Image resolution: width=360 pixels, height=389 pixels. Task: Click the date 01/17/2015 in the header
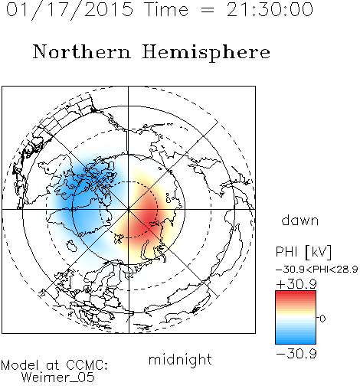[x=70, y=10]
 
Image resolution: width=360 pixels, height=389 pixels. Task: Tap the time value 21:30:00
[x=270, y=9]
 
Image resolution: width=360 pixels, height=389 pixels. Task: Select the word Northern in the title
[x=82, y=51]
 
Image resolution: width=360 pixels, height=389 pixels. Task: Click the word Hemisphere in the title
[x=206, y=53]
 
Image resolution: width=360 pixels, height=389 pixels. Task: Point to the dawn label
[x=300, y=221]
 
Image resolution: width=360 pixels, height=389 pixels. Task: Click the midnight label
[x=180, y=359]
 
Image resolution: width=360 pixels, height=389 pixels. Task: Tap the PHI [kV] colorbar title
[x=304, y=252]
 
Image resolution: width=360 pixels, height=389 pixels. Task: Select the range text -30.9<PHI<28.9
[x=317, y=270]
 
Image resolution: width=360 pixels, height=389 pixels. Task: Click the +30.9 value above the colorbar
[x=296, y=284]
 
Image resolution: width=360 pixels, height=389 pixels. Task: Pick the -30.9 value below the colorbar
[x=296, y=354]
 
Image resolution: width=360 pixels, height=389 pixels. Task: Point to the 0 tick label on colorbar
[x=322, y=319]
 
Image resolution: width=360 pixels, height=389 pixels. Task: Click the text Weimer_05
[x=57, y=378]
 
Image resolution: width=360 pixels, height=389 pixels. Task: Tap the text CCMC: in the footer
[x=87, y=365]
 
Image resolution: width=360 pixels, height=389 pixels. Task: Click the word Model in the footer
[x=20, y=365]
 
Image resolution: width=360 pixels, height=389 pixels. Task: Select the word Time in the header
[x=166, y=10]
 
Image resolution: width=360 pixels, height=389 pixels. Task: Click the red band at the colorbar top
[x=296, y=294]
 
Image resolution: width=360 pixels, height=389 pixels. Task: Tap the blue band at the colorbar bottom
[x=296, y=341]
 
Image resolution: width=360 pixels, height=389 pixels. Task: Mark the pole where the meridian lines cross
[x=129, y=209]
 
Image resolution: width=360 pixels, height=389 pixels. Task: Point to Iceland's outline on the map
[x=71, y=246]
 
